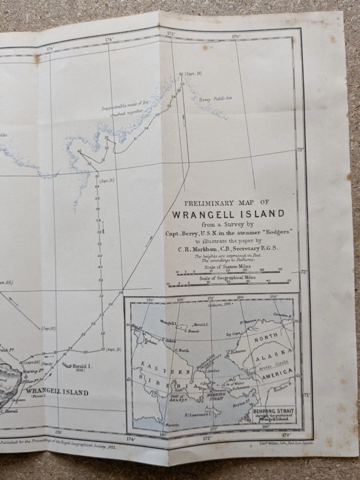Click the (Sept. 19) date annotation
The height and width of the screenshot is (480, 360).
[192, 74]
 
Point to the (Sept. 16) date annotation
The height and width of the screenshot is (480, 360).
[107, 180]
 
